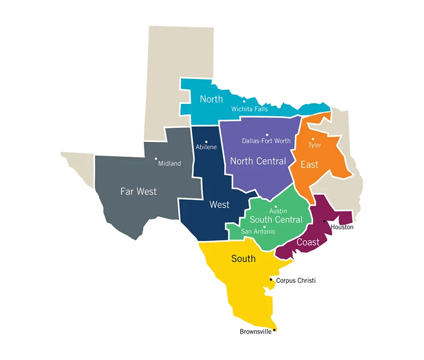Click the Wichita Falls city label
250,109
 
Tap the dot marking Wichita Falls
244,101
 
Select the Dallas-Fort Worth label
266,141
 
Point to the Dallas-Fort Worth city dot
267,135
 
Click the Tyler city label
315,145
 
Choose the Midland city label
170,164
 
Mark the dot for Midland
156,158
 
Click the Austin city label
278,211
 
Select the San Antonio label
258,232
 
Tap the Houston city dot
324,221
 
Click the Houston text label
342,227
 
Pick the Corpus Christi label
296,280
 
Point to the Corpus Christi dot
271,280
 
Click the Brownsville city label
255,332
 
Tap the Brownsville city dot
274,330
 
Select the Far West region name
138,192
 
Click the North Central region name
258,161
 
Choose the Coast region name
308,242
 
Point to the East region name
309,164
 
